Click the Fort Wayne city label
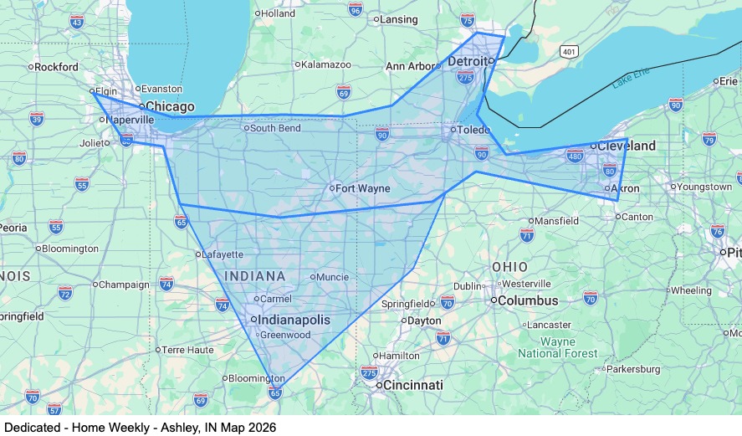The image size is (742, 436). pos(363,188)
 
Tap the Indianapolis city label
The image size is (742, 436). pos(294,320)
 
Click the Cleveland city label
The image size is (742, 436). pos(627,146)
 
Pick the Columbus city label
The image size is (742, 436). pos(530,300)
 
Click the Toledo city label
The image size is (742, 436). pos(473,130)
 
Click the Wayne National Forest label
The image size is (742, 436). pos(558,347)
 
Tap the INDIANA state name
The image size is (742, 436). pos(254,275)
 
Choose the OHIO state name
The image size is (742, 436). pos(509,266)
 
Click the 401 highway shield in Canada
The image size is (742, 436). pos(569,52)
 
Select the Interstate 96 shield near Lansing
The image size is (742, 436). pos(356,10)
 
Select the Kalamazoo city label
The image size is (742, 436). pos(325,64)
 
